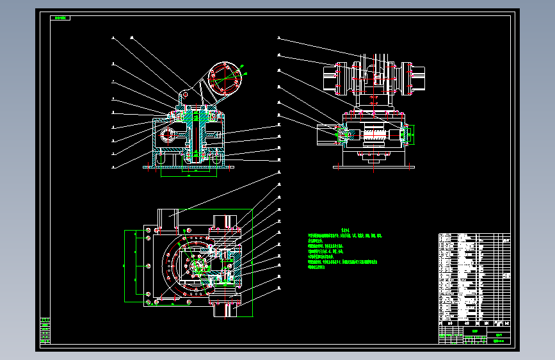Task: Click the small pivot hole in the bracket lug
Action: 184,94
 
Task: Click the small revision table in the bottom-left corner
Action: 44,331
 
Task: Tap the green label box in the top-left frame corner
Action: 60,19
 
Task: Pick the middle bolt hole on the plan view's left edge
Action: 148,266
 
